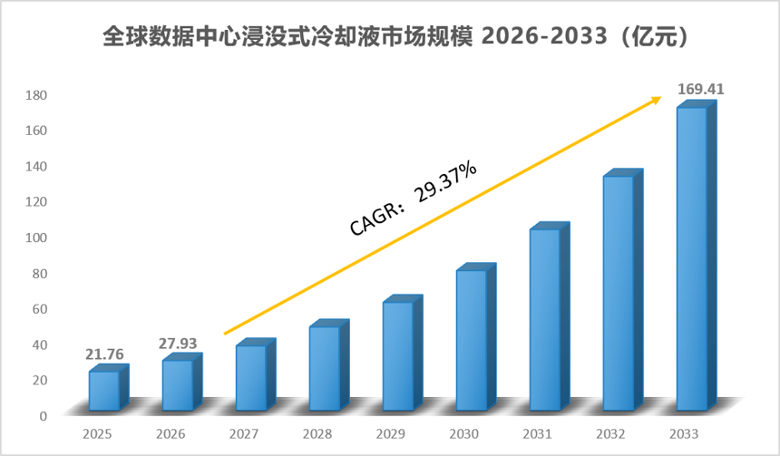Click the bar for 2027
point(256,374)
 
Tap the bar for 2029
point(403,353)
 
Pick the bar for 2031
point(550,316)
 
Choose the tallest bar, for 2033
point(696,256)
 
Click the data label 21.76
point(104,354)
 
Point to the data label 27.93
point(178,343)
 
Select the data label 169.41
point(701,89)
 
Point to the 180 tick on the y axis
point(35,95)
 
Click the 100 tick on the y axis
point(35,238)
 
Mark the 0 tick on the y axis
point(44,416)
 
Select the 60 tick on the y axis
point(39,309)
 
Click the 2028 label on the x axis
point(317,434)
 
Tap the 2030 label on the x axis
point(464,434)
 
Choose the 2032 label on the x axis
point(611,434)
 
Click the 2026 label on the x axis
point(171,434)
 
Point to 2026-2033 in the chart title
point(545,36)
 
